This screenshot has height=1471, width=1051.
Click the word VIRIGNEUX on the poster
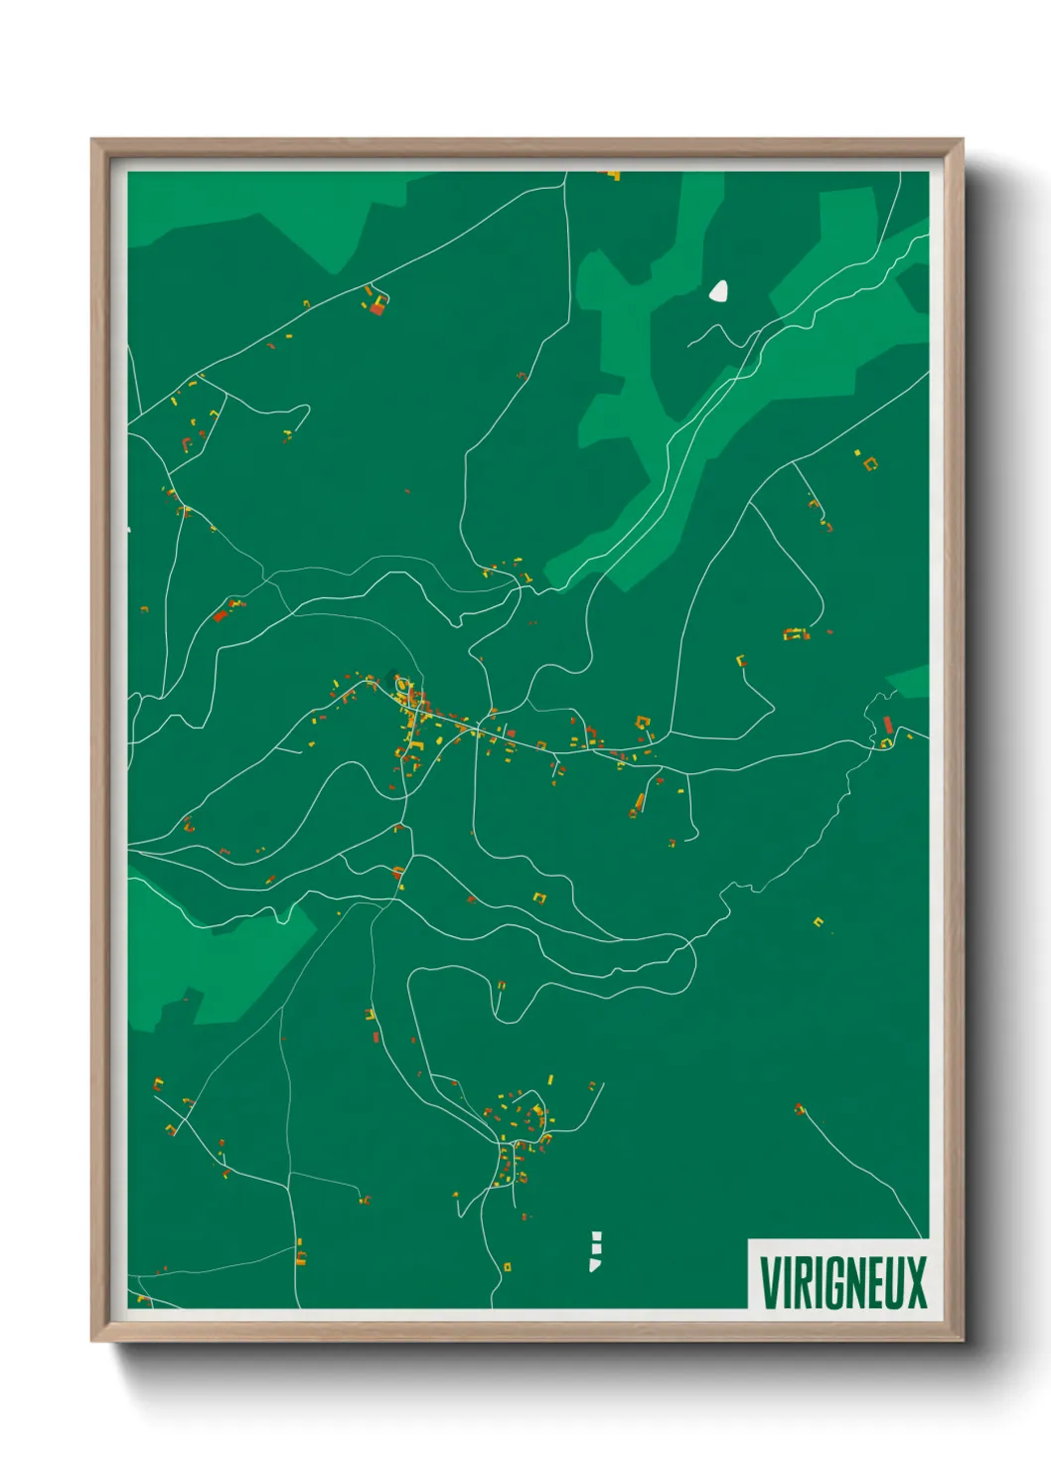pyautogui.click(x=842, y=1282)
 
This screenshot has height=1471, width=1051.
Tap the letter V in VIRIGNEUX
pyautogui.click(x=768, y=1282)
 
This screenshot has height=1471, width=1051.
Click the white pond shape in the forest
pyautogui.click(x=718, y=291)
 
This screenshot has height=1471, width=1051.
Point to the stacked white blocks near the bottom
pyautogui.click(x=595, y=1251)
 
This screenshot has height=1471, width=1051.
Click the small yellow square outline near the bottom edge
pyautogui.click(x=507, y=1266)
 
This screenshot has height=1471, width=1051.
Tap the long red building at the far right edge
pyautogui.click(x=888, y=725)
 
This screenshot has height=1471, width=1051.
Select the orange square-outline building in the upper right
pyautogui.click(x=871, y=463)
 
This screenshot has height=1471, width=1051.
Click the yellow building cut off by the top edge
pyautogui.click(x=612, y=176)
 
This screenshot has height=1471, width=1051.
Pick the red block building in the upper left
pyautogui.click(x=376, y=308)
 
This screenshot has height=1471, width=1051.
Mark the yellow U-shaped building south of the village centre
pyautogui.click(x=540, y=898)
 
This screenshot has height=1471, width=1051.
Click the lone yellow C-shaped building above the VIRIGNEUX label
pyautogui.click(x=819, y=922)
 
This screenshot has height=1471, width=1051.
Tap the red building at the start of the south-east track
pyautogui.click(x=800, y=1108)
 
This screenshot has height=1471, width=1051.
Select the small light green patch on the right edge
pyautogui.click(x=910, y=682)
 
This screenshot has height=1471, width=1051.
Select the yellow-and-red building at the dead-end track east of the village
pyautogui.click(x=740, y=660)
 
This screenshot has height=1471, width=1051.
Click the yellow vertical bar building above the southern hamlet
pyautogui.click(x=550, y=1079)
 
